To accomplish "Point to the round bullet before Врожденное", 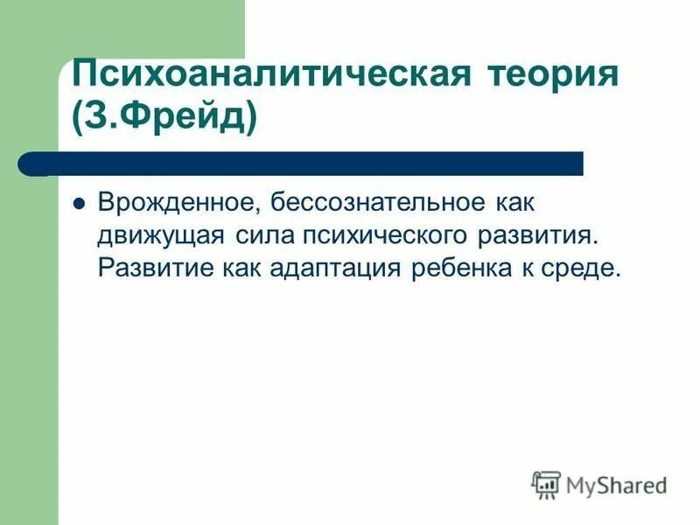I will coord(78,202).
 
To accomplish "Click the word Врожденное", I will coord(174,203).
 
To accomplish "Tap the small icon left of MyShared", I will coord(546,483).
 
